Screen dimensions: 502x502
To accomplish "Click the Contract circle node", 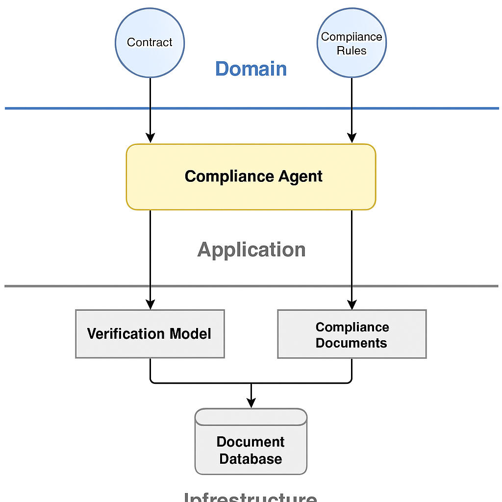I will coord(150,43).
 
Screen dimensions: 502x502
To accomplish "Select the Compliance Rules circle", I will coord(351,43).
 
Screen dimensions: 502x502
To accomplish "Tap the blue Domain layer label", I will coord(251,69).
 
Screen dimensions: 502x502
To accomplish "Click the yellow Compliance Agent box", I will coord(251,177).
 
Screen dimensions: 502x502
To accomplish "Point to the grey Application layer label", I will coord(251,250).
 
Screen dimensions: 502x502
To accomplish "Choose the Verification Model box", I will coord(150,334).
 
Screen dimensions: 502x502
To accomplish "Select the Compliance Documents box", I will coord(351,334).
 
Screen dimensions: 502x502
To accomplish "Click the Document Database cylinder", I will coord(251,441).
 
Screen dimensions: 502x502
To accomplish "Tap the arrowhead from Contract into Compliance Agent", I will coord(150,138).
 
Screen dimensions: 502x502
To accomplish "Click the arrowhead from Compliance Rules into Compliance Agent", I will coord(351,138).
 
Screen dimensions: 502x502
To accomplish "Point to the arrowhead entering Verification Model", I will coord(150,304).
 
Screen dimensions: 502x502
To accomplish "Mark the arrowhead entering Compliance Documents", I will coord(351,304).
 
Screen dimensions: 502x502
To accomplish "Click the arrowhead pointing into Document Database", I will coord(251,402).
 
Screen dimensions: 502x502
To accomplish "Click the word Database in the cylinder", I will coord(251,459).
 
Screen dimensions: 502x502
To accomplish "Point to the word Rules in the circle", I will coord(351,50).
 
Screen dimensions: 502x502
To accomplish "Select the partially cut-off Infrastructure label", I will coord(251,497).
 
